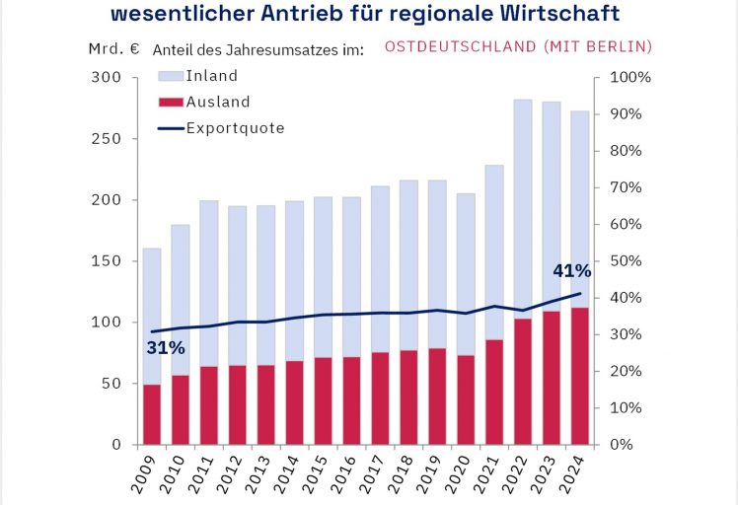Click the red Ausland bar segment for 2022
(x=523, y=381)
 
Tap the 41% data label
(x=571, y=271)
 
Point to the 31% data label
(x=167, y=347)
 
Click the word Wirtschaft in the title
(x=558, y=14)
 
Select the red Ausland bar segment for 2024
(x=580, y=376)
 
